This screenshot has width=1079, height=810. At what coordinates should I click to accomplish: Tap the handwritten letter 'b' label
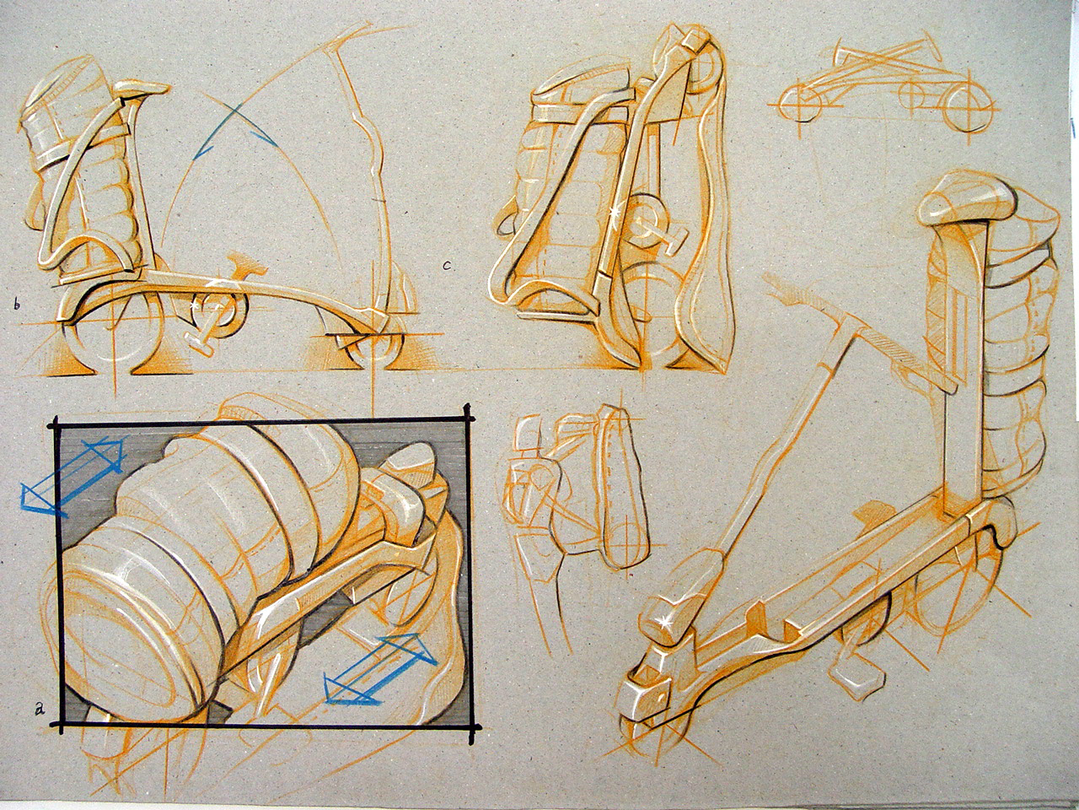click(x=16, y=304)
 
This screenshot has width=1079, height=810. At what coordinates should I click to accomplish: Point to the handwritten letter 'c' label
click(x=448, y=267)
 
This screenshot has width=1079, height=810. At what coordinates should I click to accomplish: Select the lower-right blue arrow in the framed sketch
click(x=379, y=667)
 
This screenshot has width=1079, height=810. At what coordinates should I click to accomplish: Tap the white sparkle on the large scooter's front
click(x=668, y=623)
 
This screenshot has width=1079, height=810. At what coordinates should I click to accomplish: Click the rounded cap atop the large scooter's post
click(x=969, y=203)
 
